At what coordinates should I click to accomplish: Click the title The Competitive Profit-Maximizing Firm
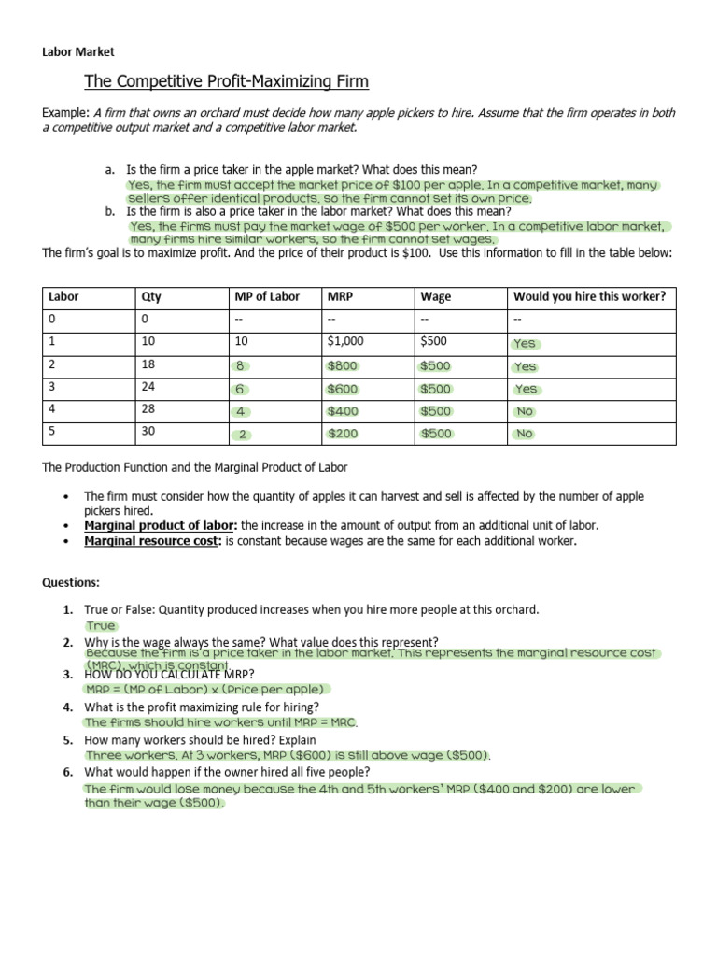coord(227,82)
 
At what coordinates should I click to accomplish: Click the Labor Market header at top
coord(77,52)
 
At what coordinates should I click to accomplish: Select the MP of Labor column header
coord(267,297)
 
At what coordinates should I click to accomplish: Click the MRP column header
coord(337,297)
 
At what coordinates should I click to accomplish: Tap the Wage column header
coord(436,297)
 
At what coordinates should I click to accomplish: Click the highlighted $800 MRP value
coord(342,366)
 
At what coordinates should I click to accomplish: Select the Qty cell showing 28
coord(149,410)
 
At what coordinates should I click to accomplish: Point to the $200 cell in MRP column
coord(342,434)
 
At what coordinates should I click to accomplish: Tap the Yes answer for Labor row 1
coord(525,343)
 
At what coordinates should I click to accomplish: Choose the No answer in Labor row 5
coord(524,434)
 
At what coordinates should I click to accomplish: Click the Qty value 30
coord(149,433)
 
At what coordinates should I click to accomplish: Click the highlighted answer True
coord(101,626)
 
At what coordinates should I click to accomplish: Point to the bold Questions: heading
coord(69,582)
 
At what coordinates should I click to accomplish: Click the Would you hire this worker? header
coord(589,297)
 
